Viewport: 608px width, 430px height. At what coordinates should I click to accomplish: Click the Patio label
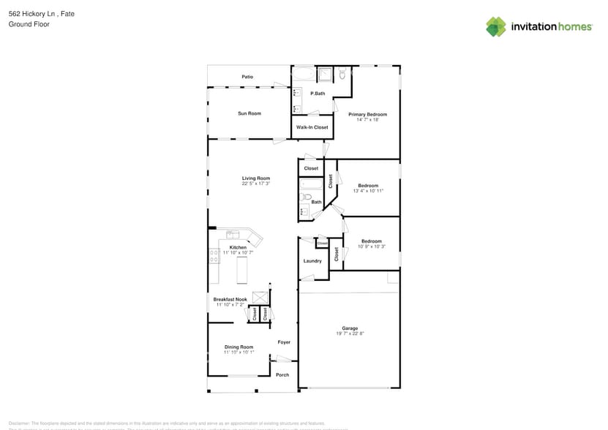247,77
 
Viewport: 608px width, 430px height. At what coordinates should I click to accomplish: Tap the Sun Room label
249,113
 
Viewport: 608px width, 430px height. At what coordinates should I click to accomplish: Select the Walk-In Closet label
312,127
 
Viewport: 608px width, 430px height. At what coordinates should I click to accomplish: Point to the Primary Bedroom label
367,114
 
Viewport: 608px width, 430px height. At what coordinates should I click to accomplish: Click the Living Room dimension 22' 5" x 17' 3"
256,184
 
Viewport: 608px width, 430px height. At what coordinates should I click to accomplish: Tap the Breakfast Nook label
230,299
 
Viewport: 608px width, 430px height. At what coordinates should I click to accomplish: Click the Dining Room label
239,347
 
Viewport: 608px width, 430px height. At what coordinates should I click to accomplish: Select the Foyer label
284,342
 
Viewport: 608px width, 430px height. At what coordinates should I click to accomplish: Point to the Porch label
282,375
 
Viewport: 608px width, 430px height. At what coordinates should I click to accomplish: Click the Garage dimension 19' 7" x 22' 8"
350,333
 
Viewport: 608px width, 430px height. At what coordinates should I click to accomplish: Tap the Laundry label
312,261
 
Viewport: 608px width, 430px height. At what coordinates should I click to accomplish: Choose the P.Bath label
318,94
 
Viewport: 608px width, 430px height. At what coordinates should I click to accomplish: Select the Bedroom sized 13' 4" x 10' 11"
368,185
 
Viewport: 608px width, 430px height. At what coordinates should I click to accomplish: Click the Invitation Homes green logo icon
496,27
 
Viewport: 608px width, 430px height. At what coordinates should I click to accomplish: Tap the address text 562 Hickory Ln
31,14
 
